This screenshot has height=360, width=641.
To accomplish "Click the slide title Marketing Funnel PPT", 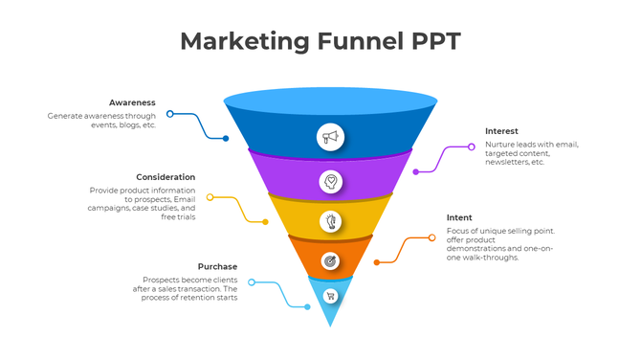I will [320, 41].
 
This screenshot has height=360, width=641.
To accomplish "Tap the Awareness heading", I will [132, 102].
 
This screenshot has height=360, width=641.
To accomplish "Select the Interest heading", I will [501, 131].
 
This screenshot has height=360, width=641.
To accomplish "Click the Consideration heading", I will [166, 177].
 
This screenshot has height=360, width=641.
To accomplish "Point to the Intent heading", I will [459, 217].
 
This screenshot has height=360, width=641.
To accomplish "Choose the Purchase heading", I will [217, 266].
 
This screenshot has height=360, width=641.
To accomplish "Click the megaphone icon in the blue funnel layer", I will [330, 137].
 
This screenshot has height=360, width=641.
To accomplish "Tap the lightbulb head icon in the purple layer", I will [330, 180].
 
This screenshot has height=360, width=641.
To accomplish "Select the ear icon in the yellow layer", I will [330, 221].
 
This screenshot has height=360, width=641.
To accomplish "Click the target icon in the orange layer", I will [330, 260].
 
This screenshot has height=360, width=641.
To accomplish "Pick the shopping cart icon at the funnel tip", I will [330, 296].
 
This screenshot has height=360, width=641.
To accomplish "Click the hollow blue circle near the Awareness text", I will [170, 114].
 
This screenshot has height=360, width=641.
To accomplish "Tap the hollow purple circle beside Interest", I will [472, 146].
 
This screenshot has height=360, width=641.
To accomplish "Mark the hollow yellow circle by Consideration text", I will [210, 197].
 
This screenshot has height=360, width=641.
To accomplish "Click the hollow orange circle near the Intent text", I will [431, 237].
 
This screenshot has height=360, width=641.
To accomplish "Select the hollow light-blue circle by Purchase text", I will [251, 281].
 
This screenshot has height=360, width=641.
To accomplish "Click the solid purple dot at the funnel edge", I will [415, 172].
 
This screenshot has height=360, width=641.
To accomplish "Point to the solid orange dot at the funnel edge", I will [376, 261].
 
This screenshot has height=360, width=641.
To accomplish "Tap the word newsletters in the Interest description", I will [507, 162].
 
